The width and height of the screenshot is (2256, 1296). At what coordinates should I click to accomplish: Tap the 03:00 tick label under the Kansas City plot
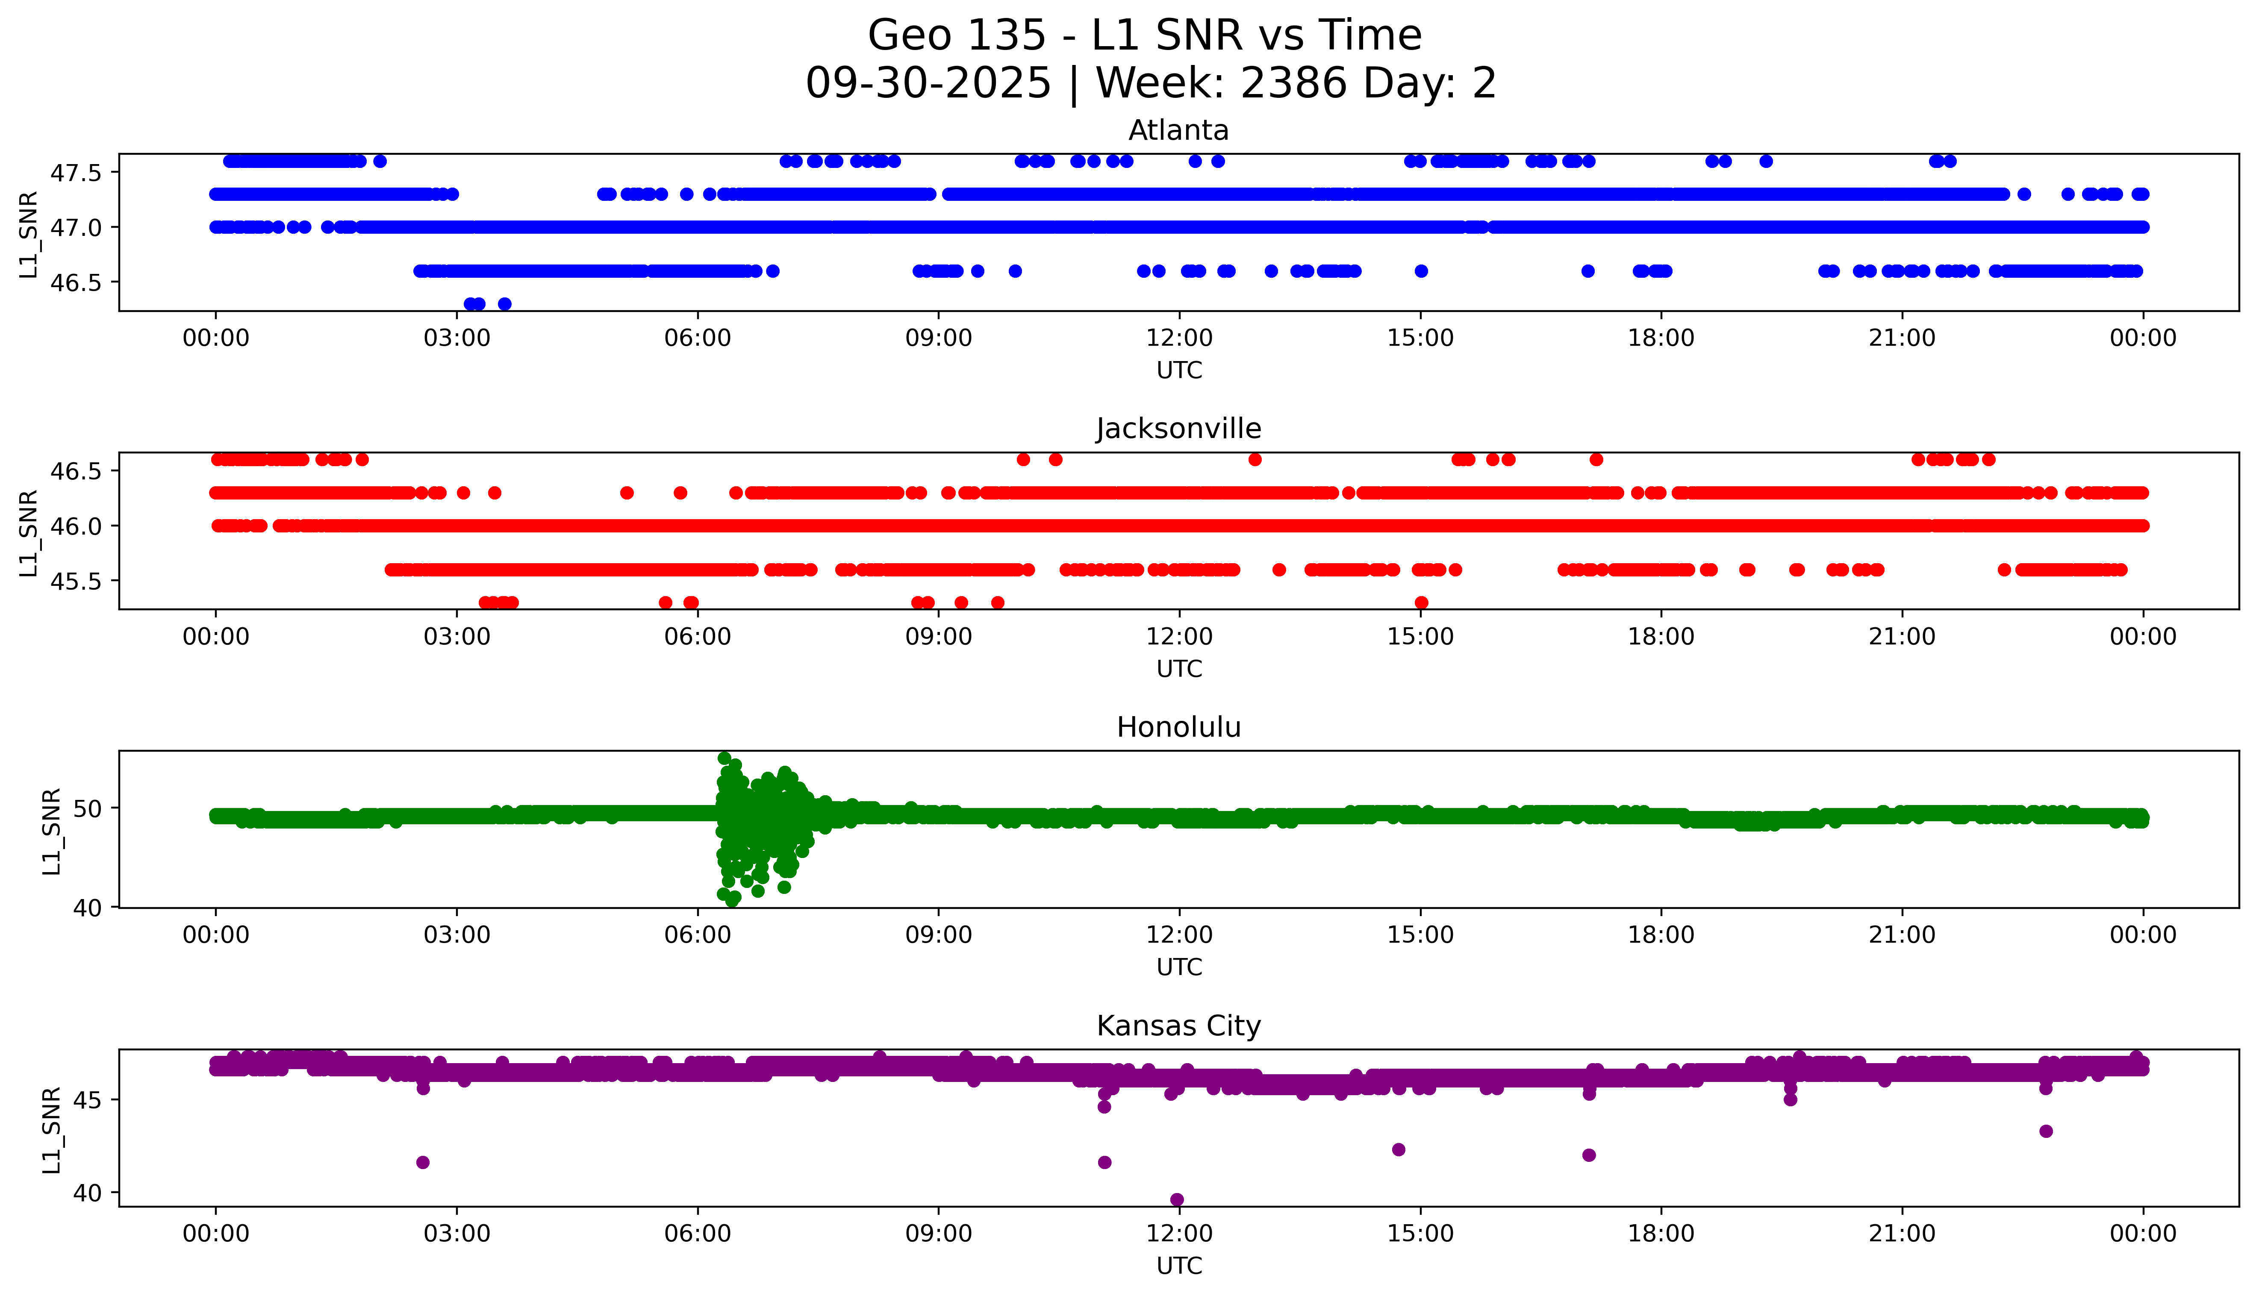point(457,1234)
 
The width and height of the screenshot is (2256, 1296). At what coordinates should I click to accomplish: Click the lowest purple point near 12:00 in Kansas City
point(1177,1200)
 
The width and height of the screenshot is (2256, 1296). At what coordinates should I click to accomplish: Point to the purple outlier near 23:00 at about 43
point(2046,1131)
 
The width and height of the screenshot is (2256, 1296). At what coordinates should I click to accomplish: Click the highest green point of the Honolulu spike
point(725,758)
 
